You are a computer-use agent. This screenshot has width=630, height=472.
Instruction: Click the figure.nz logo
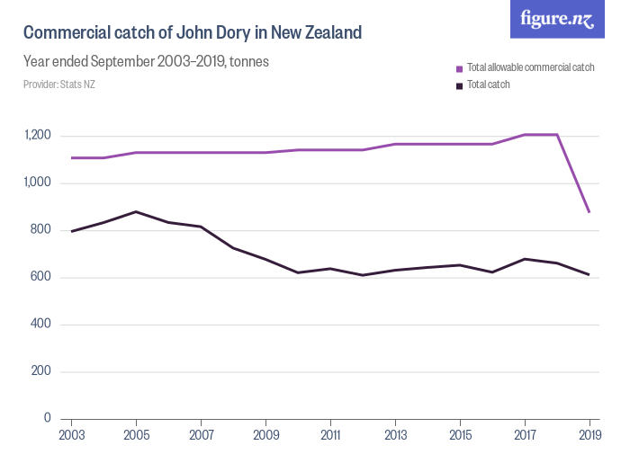point(557,20)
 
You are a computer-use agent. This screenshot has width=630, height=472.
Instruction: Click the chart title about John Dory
point(192,33)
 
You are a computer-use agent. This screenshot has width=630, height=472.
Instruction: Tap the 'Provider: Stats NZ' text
point(59,85)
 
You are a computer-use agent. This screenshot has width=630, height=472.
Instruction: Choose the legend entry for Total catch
point(488,85)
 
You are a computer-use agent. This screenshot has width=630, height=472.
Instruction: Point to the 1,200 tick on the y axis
point(38,136)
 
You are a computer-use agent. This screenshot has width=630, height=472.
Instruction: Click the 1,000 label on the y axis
point(38,183)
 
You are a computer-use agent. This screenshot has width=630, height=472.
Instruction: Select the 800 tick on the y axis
point(41,230)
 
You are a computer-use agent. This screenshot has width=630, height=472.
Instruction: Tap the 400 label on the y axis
point(41,325)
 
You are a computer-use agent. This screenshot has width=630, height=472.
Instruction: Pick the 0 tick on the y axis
point(47,419)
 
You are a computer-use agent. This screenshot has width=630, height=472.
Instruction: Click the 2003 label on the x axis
point(71,436)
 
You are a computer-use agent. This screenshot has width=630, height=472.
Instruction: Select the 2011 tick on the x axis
point(330,436)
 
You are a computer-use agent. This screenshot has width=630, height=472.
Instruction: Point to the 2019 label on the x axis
point(589,436)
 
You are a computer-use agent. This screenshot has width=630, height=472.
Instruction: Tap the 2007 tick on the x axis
point(201,436)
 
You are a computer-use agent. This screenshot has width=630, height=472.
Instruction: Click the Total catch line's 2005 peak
point(136,211)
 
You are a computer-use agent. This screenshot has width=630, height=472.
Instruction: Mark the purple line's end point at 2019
point(589,212)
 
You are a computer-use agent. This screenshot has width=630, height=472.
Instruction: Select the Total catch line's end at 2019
point(589,275)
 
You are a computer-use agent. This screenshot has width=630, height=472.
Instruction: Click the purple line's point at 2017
point(525,135)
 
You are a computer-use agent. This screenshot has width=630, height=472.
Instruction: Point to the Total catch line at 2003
point(71,231)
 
